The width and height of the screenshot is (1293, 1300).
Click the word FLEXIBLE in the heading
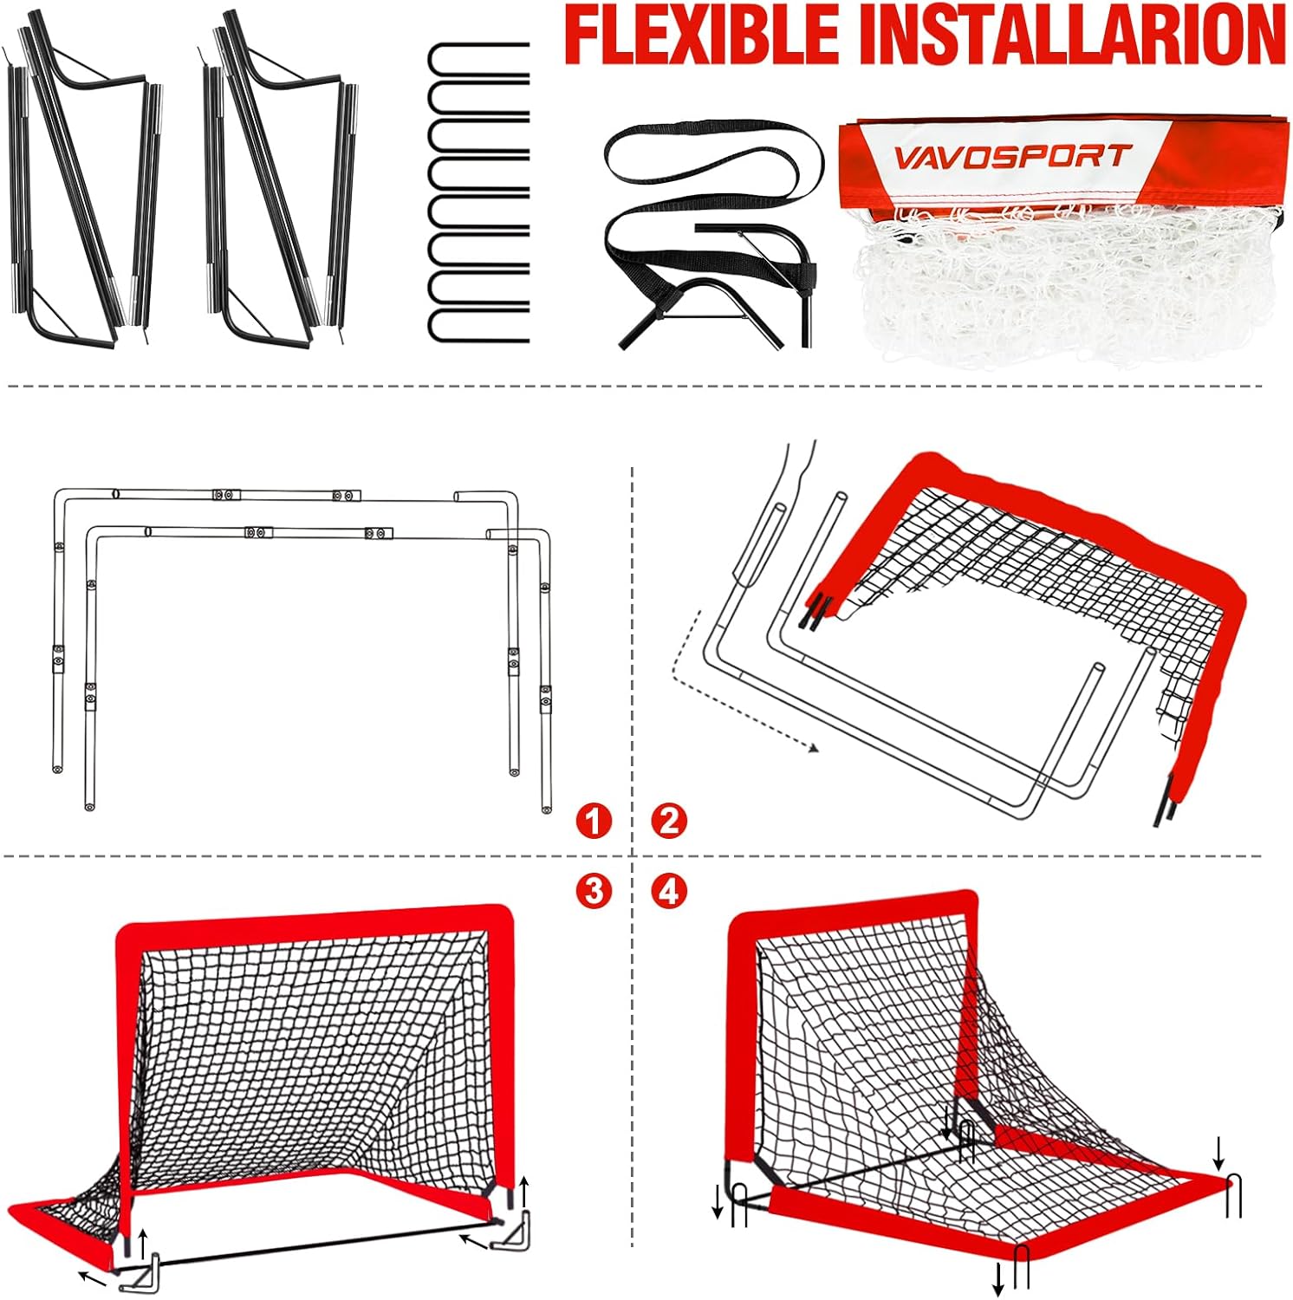pyautogui.click(x=702, y=35)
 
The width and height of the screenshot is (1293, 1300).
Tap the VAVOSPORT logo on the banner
pyautogui.click(x=1012, y=157)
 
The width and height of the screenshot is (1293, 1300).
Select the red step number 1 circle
pyautogui.click(x=594, y=820)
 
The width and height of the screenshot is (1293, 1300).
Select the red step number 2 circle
pyautogui.click(x=669, y=820)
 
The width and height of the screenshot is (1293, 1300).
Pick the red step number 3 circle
pyautogui.click(x=594, y=890)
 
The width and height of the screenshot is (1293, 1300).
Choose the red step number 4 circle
pyautogui.click(x=669, y=890)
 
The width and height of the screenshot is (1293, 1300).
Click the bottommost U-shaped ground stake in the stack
pyautogui.click(x=478, y=322)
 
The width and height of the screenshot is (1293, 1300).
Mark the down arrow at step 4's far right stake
pyautogui.click(x=1218, y=1153)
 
